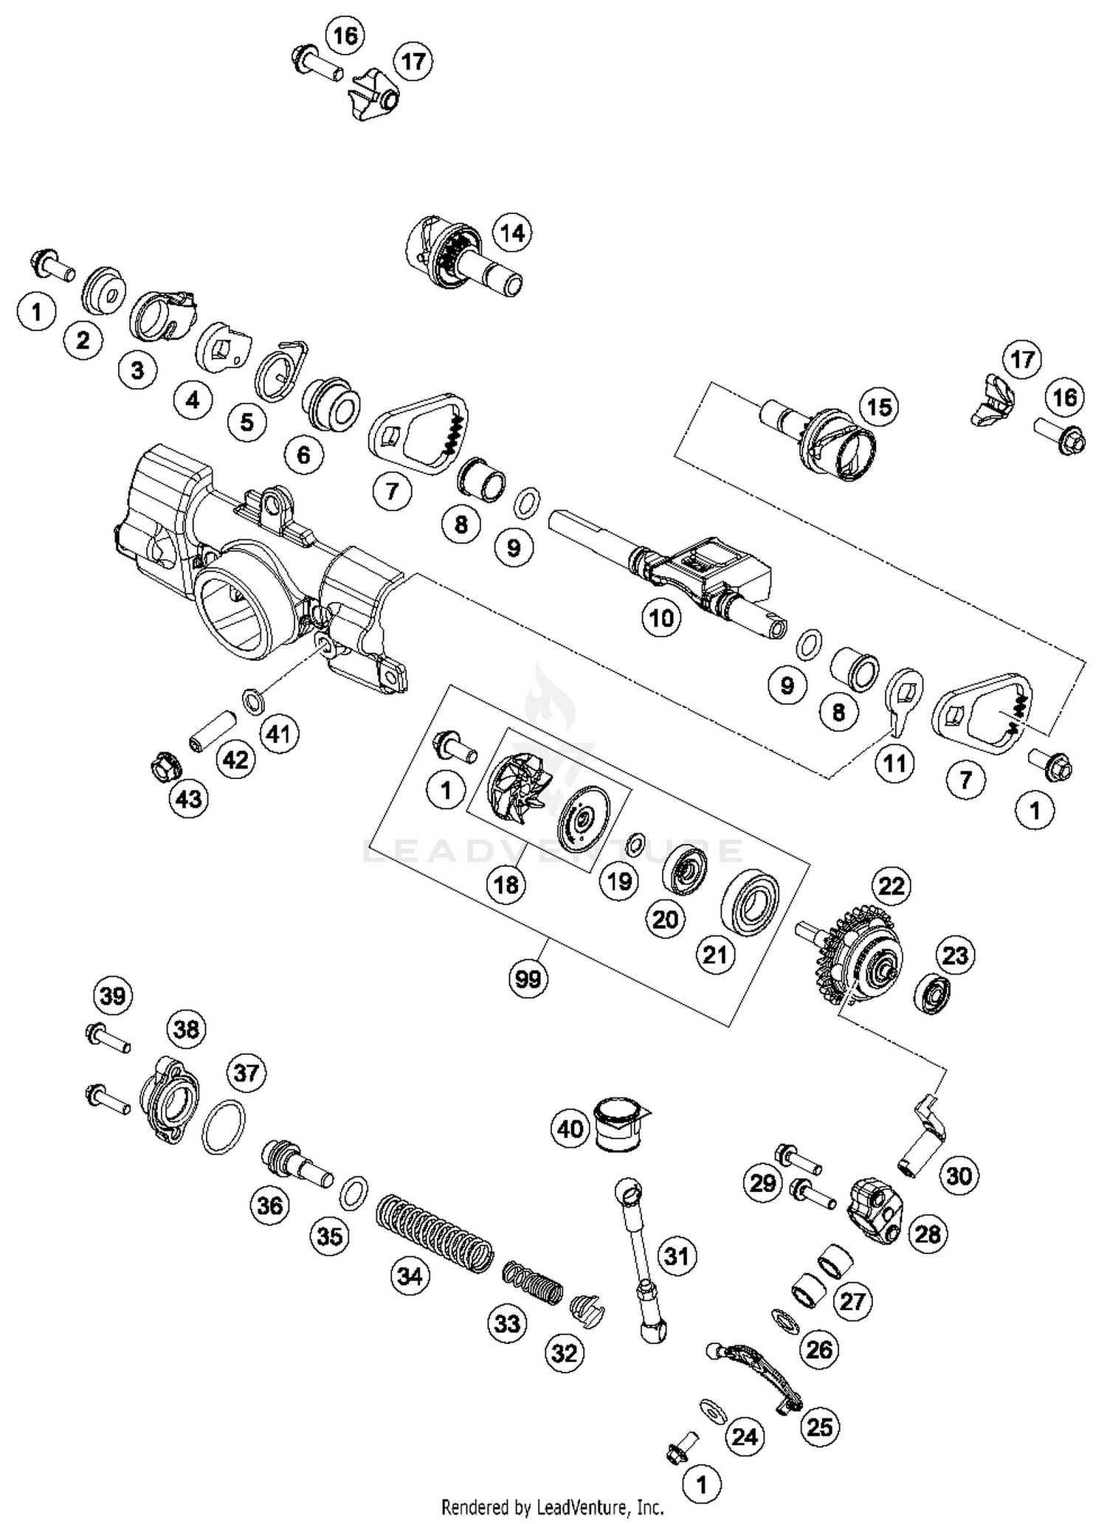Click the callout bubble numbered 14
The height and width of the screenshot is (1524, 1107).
[512, 233]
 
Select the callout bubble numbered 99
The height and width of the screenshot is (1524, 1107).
[528, 979]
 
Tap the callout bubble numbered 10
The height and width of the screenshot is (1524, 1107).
[661, 617]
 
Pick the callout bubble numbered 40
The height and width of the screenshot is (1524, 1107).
[570, 1129]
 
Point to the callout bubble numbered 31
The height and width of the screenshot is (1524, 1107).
[677, 1256]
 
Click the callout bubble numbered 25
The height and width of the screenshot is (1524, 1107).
[820, 1427]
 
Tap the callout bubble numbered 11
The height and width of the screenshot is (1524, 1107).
[894, 763]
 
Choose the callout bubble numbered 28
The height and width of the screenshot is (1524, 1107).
[928, 1233]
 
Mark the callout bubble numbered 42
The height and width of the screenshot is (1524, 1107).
[235, 759]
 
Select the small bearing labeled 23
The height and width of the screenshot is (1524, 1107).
[933, 993]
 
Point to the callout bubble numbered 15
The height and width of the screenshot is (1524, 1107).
[879, 407]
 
